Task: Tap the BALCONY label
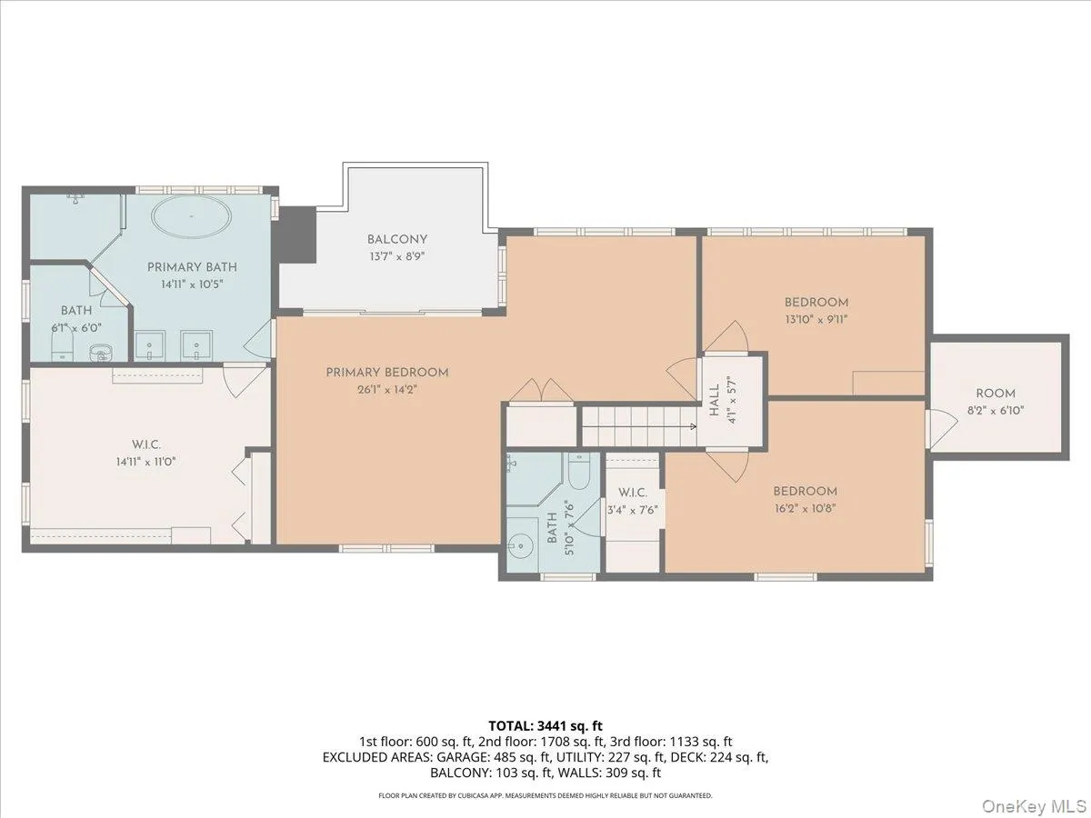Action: click(x=397, y=239)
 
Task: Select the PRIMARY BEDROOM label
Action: click(x=387, y=372)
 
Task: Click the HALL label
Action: click(x=715, y=400)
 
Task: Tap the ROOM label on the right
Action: click(x=996, y=394)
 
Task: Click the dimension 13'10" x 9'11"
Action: click(x=816, y=319)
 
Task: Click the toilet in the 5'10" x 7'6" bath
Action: click(x=579, y=474)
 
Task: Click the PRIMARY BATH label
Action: click(x=192, y=267)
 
